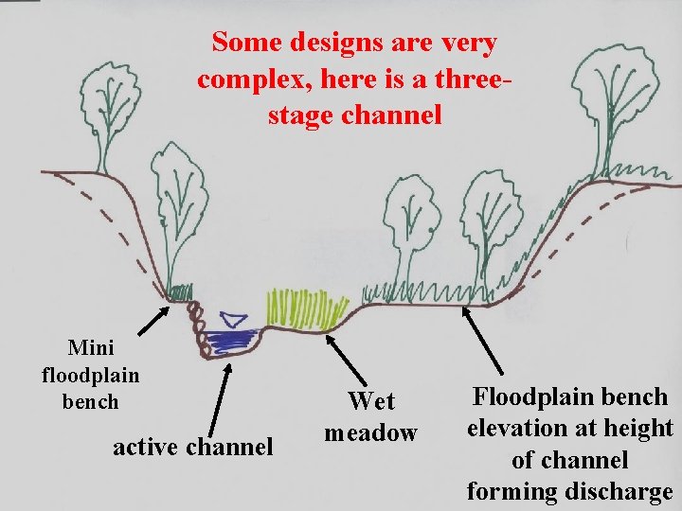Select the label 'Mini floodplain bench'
coord(91,375)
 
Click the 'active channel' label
coord(192,445)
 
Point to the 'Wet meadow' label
coord(370,416)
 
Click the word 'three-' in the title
coord(468,79)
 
